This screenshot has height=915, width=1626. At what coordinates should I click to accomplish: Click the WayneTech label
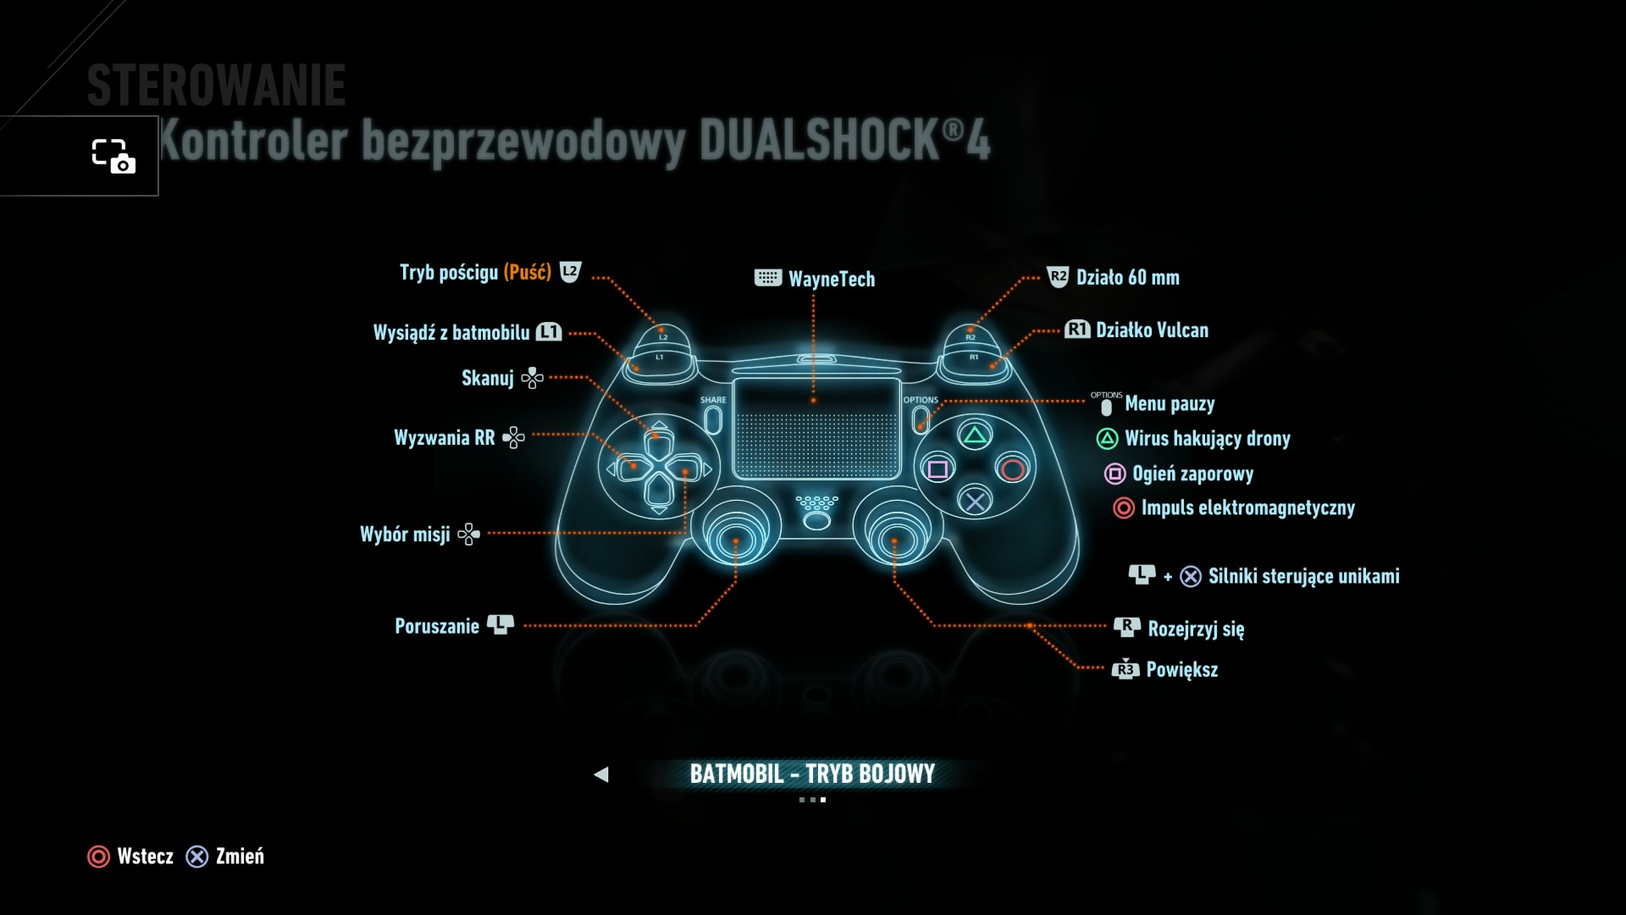(831, 279)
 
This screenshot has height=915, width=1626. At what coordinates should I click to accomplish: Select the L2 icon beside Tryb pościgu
(571, 272)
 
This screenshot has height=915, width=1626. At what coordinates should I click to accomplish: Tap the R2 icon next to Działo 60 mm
(1058, 277)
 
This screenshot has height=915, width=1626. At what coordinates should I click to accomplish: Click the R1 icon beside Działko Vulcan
(1077, 330)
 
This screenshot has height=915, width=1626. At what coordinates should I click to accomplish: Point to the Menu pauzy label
(1170, 404)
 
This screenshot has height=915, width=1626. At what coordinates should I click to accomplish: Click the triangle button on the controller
(975, 436)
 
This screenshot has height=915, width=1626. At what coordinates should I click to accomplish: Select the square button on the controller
(937, 469)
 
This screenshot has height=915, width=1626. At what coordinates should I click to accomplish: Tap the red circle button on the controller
(1013, 469)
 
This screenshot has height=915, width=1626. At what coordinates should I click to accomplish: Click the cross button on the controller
(975, 502)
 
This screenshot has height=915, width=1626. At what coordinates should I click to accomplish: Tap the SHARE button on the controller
(713, 419)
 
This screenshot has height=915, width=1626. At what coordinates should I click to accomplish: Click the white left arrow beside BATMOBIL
(601, 774)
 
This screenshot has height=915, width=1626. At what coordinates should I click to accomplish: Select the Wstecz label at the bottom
(145, 857)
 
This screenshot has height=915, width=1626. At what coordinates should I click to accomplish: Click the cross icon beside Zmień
(197, 857)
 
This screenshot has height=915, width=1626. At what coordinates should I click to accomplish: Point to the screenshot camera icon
(113, 156)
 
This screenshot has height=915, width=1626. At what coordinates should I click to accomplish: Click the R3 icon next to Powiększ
(1125, 669)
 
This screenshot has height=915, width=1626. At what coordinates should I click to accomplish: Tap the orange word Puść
(527, 272)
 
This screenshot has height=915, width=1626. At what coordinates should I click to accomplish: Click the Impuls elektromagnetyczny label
(1247, 507)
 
